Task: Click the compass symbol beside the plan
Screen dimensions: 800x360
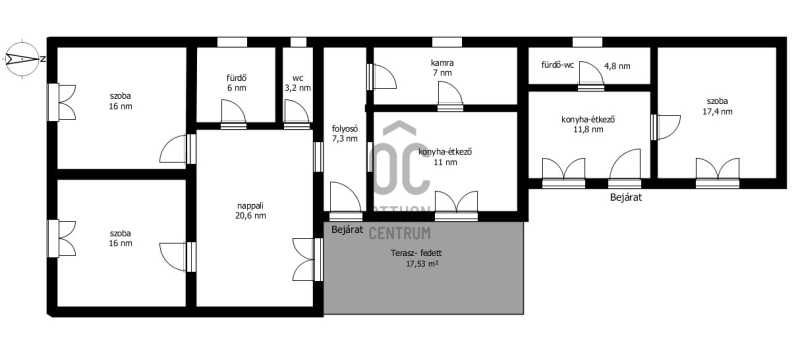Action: [22, 59]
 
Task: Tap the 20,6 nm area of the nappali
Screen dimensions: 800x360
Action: [252, 216]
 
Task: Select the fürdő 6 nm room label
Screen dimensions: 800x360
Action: [237, 83]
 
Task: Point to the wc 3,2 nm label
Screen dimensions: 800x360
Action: [297, 83]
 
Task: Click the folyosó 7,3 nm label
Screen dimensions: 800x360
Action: [345, 134]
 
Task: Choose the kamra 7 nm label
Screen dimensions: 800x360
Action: [442, 68]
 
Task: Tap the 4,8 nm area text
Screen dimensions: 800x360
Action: [617, 66]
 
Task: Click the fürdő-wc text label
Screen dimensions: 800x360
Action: [558, 65]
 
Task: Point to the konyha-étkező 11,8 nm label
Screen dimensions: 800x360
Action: [588, 125]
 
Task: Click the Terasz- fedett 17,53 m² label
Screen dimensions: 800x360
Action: [416, 259]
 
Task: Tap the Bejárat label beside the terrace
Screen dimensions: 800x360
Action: [347, 229]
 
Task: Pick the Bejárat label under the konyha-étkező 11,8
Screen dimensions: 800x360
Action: [626, 197]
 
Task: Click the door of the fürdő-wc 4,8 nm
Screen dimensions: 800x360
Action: [591, 75]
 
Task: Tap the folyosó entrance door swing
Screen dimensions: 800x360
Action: [346, 198]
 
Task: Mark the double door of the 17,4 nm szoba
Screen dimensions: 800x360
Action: [718, 171]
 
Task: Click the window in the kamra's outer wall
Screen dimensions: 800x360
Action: [447, 42]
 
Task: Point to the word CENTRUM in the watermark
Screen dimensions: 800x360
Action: [399, 233]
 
